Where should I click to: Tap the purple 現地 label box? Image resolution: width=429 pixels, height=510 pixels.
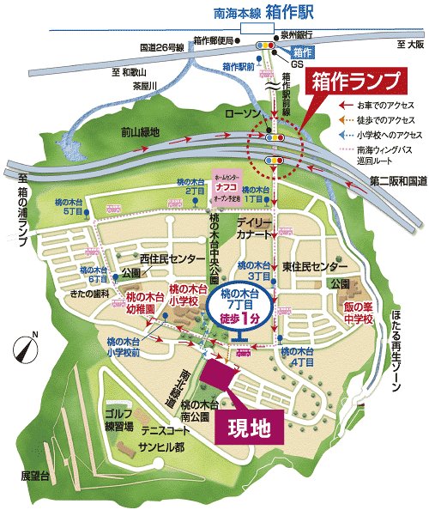click(x=250, y=427)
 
